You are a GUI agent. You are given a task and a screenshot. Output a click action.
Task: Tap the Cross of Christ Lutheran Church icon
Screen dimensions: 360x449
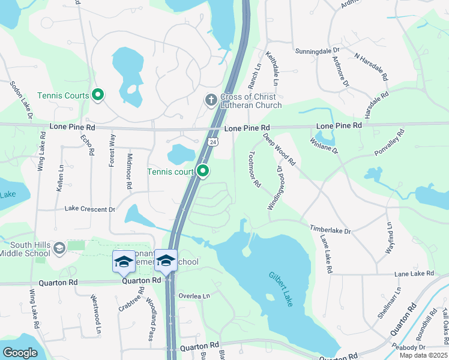211,100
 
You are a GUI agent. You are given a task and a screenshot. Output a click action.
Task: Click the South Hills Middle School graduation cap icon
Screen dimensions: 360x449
59,248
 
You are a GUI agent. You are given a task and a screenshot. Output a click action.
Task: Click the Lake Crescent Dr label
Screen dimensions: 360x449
89,209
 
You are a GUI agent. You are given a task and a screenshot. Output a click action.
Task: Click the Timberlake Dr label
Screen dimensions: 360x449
330,230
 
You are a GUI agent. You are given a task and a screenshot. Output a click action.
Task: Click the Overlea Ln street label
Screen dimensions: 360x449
194,296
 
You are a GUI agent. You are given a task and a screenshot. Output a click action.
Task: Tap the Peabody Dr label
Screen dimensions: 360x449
409,347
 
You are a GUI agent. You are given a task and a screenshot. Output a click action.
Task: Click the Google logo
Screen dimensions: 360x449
20,353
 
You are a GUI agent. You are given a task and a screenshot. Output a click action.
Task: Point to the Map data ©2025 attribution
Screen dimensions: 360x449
423,355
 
